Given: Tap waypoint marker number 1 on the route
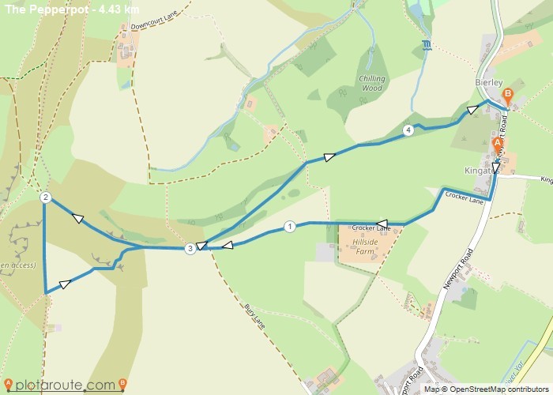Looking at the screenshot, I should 289,227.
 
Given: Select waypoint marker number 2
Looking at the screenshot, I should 46,197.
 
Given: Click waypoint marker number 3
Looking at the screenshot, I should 190,249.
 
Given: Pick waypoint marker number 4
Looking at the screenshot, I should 408,130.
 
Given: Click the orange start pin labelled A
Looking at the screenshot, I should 497,145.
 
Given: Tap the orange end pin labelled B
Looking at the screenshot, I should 508,96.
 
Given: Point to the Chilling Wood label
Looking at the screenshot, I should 371,83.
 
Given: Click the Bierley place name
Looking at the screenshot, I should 489,82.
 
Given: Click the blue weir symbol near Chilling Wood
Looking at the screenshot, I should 427,44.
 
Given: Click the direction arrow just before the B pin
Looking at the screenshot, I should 472,110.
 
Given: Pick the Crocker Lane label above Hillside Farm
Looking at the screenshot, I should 371,228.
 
